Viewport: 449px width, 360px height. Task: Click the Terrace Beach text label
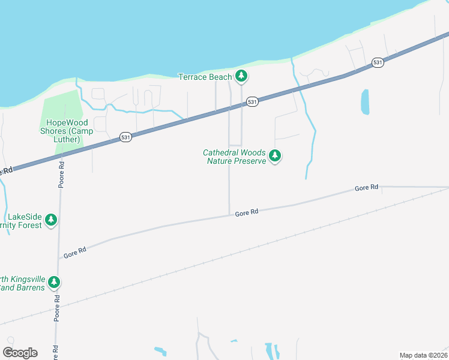click(205, 77)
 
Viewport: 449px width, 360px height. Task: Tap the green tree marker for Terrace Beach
click(241, 76)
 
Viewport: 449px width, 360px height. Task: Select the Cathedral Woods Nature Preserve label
click(234, 157)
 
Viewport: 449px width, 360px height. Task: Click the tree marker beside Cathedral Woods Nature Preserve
click(275, 156)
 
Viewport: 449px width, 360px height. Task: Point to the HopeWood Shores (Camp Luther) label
click(59, 131)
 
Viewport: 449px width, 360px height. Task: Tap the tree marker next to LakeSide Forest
click(52, 220)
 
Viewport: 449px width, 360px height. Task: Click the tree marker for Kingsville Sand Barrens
click(54, 282)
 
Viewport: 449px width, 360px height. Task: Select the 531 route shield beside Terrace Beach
click(252, 102)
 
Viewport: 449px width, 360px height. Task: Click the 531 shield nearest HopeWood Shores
click(125, 137)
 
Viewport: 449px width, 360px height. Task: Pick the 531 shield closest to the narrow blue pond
click(377, 62)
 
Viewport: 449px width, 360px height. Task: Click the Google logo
click(20, 353)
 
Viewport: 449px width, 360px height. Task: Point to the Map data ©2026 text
click(423, 355)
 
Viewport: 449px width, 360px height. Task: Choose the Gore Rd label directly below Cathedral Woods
click(246, 212)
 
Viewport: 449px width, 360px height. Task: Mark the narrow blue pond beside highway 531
click(364, 101)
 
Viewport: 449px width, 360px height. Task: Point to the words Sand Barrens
click(23, 288)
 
